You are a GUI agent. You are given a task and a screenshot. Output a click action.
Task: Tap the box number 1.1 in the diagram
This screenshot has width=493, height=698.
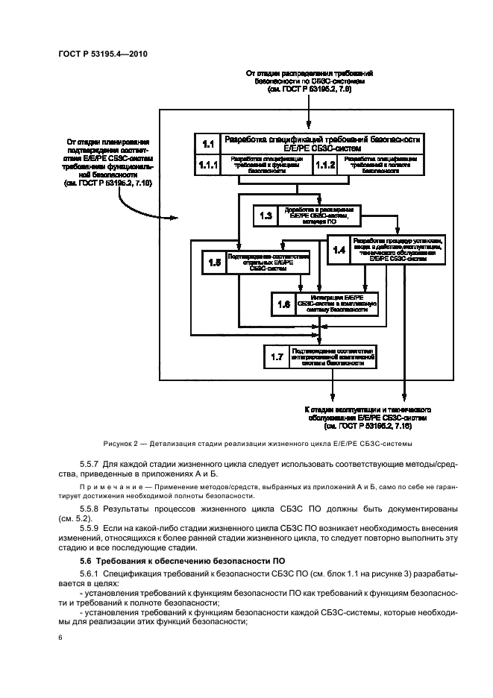tap(207, 143)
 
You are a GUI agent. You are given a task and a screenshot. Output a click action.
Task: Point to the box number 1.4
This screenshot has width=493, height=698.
tap(339, 251)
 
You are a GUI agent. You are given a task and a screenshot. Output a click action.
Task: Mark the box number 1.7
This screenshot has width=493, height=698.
tap(277, 356)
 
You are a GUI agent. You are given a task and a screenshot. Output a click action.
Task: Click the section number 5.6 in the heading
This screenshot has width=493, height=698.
tap(88, 559)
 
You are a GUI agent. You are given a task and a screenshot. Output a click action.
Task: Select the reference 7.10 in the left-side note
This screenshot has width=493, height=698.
tap(139, 183)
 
